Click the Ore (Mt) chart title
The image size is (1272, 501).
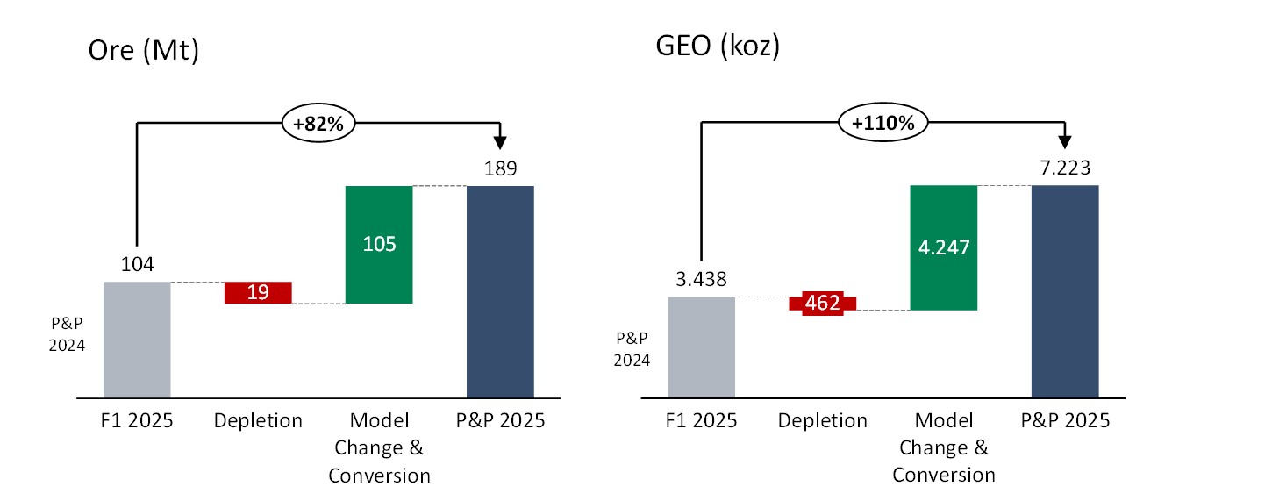click(144, 52)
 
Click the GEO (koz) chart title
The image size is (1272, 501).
click(718, 47)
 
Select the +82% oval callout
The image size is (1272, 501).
click(318, 125)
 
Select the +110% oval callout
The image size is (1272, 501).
click(883, 124)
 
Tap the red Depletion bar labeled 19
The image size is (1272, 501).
click(258, 292)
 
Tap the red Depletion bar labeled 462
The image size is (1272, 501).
click(823, 304)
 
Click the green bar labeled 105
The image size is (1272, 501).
click(379, 244)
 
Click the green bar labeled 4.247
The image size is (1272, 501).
click(944, 247)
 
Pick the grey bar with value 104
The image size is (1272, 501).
click(137, 340)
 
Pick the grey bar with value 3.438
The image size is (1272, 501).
click(702, 347)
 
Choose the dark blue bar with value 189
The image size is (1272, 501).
click(500, 292)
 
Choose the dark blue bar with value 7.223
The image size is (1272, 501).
click(1065, 292)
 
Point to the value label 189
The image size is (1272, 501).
click(500, 168)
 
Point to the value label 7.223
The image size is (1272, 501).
click(1065, 168)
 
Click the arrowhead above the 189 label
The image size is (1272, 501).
click(500, 141)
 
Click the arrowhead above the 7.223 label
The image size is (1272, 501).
click(1065, 141)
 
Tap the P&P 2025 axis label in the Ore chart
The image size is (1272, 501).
click(500, 421)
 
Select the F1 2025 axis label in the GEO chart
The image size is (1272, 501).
click(702, 421)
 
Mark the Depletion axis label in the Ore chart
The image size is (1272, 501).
click(258, 421)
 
